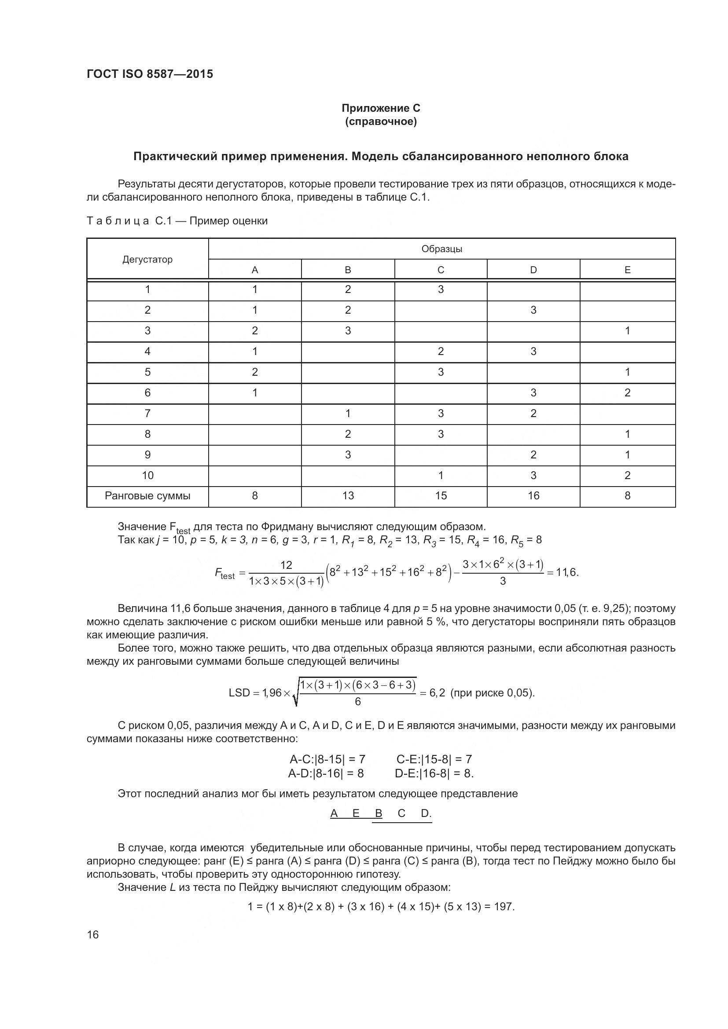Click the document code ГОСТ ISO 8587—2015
[x=150, y=74]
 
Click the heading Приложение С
[x=381, y=108]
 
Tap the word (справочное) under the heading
[x=381, y=121]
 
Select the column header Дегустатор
[x=147, y=260]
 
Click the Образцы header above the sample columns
[x=441, y=249]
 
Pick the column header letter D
[x=533, y=270]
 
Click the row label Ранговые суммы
[x=147, y=496]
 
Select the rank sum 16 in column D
[x=533, y=496]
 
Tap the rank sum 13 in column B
[x=348, y=496]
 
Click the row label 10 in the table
[x=147, y=475]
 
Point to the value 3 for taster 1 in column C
[x=441, y=289]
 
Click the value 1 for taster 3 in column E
[x=627, y=331]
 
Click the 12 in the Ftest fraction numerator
[x=286, y=565]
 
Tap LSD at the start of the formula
[x=239, y=693]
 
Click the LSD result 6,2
[x=437, y=693]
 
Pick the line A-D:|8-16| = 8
[x=326, y=773]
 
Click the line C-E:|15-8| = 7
[x=434, y=759]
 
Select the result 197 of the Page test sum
[x=504, y=907]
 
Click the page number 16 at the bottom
[x=93, y=934]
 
